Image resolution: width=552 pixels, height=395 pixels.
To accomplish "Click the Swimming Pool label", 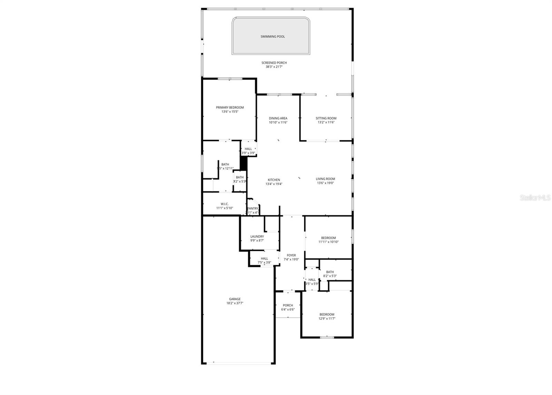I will coord(273,37).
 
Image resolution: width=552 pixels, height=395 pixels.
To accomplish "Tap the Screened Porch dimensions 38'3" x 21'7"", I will coord(274,67).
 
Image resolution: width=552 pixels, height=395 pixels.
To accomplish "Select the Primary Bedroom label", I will coord(230,108).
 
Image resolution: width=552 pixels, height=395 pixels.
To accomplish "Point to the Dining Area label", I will coord(278,118).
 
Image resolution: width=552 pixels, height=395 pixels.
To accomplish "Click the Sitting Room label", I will coord(326,118).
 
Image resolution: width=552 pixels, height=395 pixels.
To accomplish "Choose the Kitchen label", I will coord(274,180).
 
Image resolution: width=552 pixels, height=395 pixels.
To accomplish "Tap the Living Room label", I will coord(325,179).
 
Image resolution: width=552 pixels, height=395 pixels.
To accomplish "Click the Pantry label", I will coord(253,209).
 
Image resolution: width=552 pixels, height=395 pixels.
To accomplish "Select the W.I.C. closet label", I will coord(225,204).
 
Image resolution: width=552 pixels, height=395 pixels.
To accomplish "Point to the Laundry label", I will coord(257,236).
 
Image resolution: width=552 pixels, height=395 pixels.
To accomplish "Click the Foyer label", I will coord(291,255).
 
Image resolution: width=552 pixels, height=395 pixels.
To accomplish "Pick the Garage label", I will coord(235,299).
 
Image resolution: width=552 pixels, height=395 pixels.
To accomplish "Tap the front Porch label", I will coord(288,305).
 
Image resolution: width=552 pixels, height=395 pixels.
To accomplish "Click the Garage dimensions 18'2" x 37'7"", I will coord(235,303).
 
